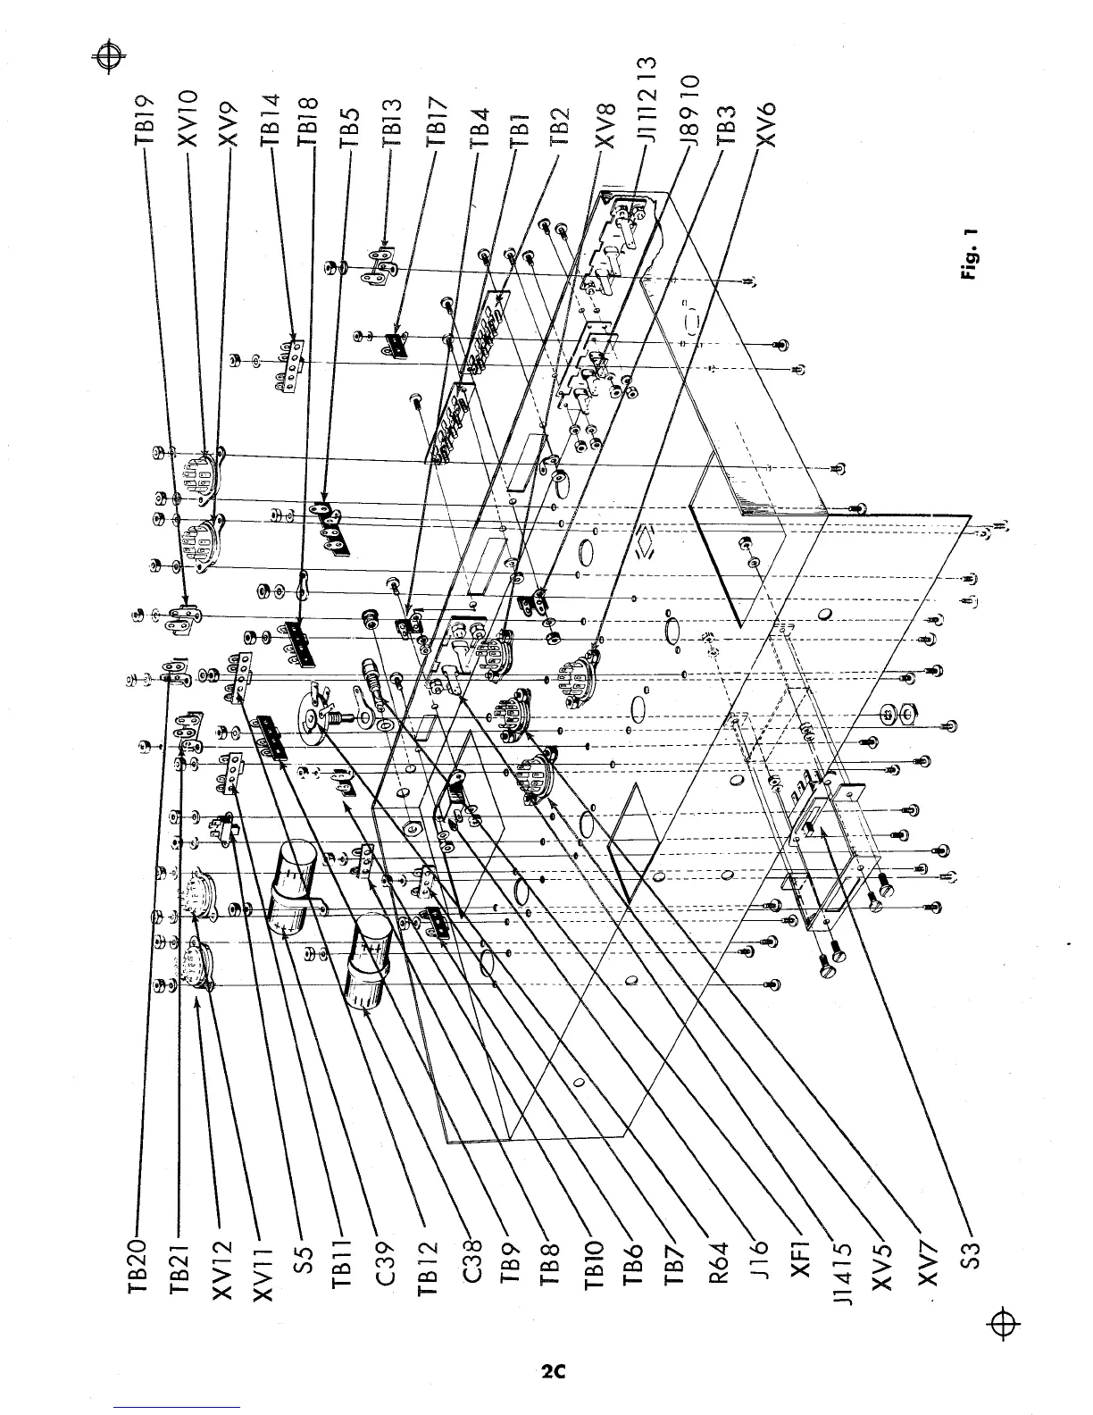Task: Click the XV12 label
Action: tap(221, 1264)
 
